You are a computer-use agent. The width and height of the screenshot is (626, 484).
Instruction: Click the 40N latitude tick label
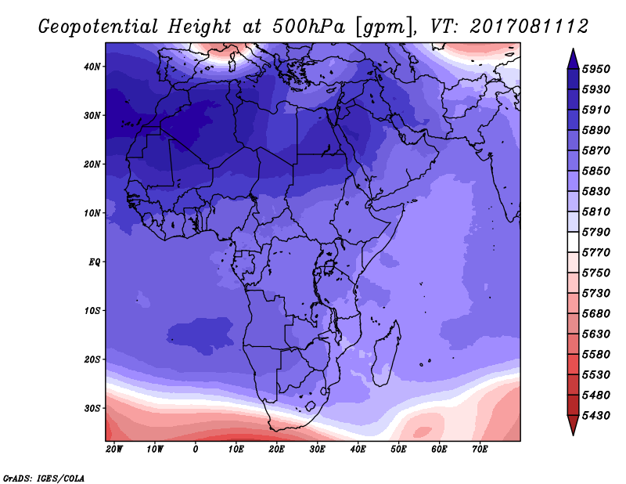tap(92, 67)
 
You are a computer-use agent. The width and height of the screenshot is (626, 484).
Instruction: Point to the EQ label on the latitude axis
tap(94, 262)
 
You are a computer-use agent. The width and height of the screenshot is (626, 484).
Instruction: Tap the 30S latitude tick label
tap(92, 409)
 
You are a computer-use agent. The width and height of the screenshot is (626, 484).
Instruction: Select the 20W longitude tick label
tap(114, 450)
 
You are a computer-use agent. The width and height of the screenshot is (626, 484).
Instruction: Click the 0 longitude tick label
tap(195, 450)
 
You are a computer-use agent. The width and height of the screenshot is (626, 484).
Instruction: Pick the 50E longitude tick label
tap(398, 450)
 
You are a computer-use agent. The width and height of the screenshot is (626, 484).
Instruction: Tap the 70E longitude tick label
tap(480, 450)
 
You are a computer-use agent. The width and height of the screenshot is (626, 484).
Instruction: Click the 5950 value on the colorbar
tap(596, 69)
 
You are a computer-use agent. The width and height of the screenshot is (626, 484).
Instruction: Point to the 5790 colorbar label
tap(596, 232)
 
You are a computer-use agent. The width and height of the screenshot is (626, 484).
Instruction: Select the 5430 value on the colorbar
tap(596, 416)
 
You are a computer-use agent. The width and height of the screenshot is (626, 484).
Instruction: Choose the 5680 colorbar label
tap(596, 314)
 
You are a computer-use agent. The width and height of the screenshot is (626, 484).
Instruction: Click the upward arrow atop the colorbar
tap(573, 60)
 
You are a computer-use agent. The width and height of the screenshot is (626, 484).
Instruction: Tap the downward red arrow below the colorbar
tap(573, 425)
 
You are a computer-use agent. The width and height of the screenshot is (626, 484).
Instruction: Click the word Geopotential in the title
tap(99, 27)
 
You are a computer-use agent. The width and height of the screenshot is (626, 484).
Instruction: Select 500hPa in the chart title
tap(309, 27)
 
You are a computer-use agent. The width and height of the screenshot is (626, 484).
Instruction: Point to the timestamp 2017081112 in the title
tap(530, 27)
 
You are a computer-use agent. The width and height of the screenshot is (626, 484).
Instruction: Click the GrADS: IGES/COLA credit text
tap(44, 478)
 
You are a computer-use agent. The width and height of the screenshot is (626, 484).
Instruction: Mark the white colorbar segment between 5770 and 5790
tap(574, 242)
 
